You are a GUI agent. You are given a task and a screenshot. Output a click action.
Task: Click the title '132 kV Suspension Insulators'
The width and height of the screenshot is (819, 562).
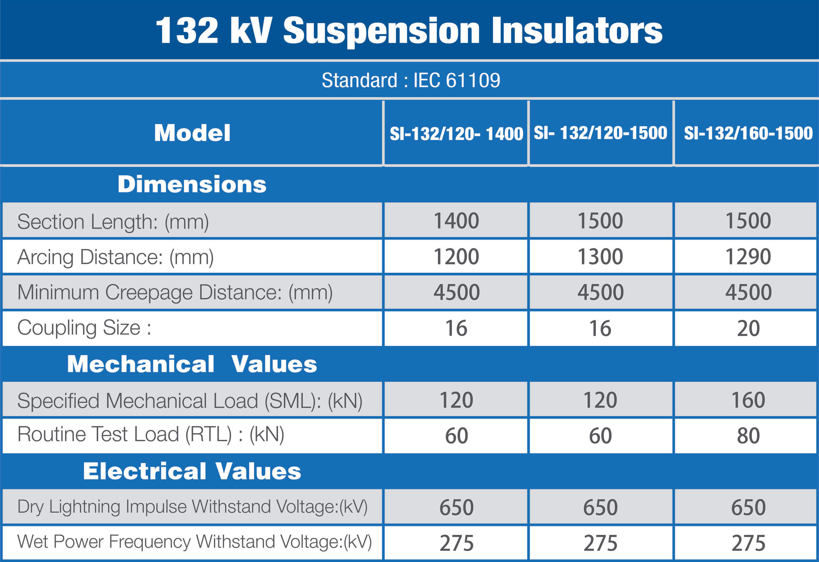coord(409,31)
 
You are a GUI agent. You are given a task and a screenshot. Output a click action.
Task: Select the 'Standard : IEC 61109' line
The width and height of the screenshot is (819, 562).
coord(411,80)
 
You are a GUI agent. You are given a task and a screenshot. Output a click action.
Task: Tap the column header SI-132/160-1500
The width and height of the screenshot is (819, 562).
coord(748,133)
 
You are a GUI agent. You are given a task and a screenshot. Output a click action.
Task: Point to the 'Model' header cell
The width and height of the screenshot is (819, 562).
coord(192,133)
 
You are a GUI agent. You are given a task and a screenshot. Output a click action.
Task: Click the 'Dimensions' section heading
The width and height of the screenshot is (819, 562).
coord(192,185)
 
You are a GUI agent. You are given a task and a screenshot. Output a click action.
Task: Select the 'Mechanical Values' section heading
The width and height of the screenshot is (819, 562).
coord(192,364)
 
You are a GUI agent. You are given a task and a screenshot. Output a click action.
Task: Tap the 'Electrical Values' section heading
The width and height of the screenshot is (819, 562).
coord(192,471)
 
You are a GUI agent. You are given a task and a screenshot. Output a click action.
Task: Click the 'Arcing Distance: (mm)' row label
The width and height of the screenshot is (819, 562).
coord(115,257)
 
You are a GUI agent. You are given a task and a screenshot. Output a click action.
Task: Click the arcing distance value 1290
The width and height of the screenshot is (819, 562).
coord(748,257)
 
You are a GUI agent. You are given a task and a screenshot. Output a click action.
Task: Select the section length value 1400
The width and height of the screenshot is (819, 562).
coord(457,221)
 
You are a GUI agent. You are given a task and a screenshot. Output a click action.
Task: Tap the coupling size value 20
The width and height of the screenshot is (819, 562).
coord(748,328)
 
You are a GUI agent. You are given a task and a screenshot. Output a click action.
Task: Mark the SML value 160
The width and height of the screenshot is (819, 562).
coord(748,400)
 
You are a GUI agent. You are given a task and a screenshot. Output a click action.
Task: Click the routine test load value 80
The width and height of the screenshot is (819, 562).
coord(748,436)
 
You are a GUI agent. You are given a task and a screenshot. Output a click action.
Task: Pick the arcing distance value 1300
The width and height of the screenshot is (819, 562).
coord(600,257)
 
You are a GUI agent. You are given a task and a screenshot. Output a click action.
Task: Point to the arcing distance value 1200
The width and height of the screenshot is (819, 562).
coord(457,257)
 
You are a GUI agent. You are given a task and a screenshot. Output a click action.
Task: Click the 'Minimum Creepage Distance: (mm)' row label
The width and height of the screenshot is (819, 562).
coord(175,292)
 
